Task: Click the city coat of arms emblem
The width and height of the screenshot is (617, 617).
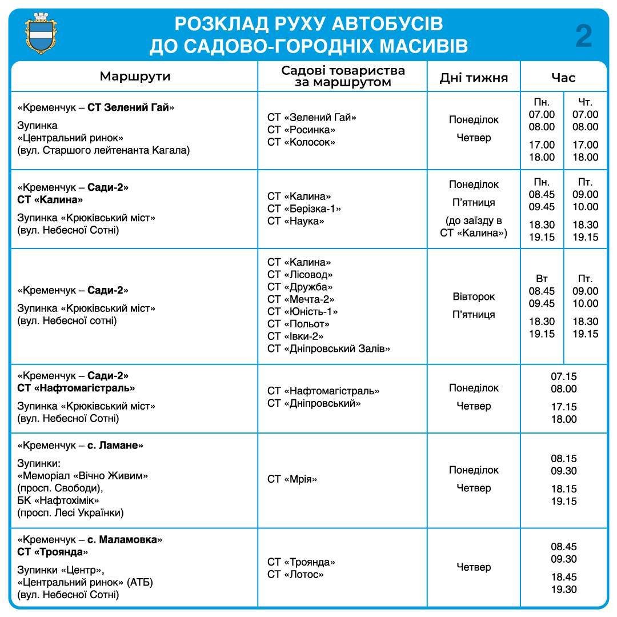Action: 43,34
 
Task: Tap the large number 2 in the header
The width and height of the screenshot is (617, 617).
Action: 583,36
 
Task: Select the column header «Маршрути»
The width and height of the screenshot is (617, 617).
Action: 135,77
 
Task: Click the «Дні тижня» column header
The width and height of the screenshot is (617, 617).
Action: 474,78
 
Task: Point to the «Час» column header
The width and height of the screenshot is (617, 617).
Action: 563,78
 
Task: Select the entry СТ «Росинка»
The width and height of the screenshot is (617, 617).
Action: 301,130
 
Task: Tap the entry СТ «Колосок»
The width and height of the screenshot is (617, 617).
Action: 301,142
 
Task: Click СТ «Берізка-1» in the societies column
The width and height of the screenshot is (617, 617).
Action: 305,209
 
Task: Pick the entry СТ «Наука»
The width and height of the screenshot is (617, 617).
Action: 296,221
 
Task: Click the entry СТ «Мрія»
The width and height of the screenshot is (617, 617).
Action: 292,479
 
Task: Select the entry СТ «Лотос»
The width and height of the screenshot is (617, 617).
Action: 295,574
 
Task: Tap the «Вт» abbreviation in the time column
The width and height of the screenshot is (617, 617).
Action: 542,279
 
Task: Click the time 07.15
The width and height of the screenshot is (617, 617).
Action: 564,376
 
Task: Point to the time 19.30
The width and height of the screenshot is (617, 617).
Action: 564,590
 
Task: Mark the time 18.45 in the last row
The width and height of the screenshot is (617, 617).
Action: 564,577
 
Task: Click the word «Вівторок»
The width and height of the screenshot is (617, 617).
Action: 474,297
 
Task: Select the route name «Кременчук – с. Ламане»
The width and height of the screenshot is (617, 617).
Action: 81,445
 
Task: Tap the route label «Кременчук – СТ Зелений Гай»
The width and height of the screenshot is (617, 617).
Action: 96,107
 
